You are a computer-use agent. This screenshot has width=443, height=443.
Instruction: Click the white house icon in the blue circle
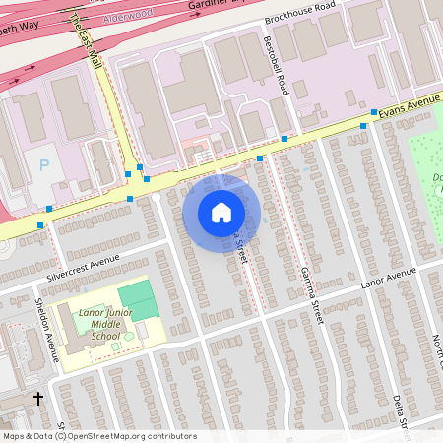pos(221,212)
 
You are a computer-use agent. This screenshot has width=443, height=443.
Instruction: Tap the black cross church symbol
pos(38,399)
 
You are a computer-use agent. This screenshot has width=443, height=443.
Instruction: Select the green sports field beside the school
pos(138,299)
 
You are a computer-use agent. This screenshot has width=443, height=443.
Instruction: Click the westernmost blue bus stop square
pos(40,225)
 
